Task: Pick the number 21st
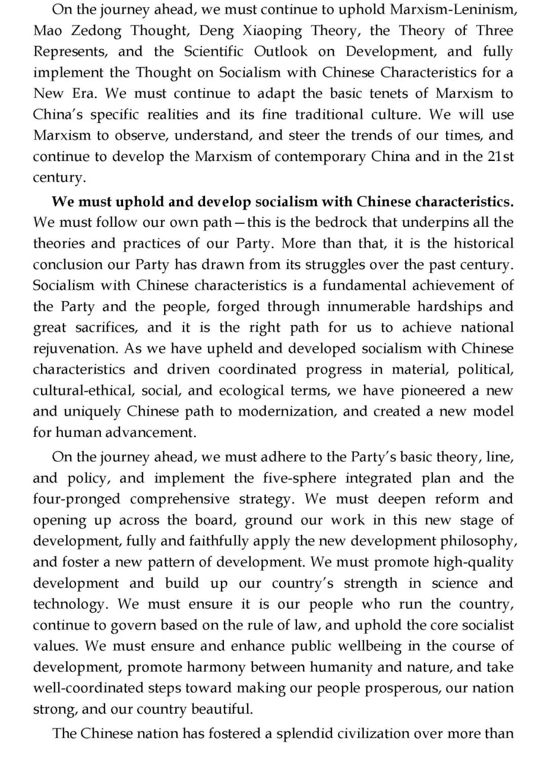coord(500,156)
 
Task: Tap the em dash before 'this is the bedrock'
coord(239,223)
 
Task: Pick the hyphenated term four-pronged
coord(76,499)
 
